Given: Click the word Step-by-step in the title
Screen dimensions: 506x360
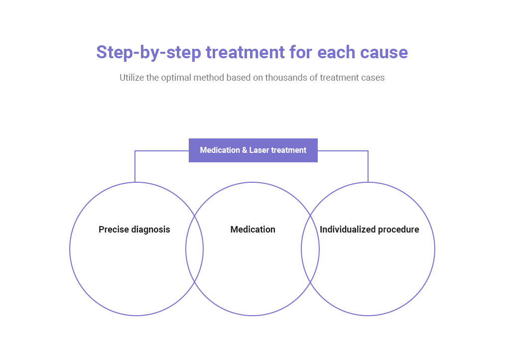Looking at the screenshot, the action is coord(148,53).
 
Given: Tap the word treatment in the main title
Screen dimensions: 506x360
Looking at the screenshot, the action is coord(245,52).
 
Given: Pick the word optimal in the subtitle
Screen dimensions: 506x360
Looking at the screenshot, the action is coord(176,78).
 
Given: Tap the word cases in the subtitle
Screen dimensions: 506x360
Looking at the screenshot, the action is coord(373,78).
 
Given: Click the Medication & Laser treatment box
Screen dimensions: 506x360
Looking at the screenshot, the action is coord(253,150).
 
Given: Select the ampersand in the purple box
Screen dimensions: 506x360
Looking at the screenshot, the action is coord(245,150).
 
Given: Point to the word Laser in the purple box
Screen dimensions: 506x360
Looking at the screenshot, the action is coord(259,150).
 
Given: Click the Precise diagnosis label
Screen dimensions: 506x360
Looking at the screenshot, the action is coord(134,230).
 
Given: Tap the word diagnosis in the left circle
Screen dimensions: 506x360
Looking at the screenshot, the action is coord(151,230).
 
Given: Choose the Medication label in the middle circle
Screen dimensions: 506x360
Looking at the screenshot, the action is coord(253,230).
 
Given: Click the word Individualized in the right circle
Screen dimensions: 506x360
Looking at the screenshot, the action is coord(348,230).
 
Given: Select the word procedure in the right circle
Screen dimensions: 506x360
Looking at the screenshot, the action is coord(398,230).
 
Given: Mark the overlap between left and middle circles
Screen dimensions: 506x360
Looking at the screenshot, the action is coord(194,248).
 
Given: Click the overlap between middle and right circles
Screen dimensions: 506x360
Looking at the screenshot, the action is coord(310,248).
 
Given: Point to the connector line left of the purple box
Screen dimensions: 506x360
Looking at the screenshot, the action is coord(135,151).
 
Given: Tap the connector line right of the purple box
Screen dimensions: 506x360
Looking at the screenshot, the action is coord(368,151).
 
